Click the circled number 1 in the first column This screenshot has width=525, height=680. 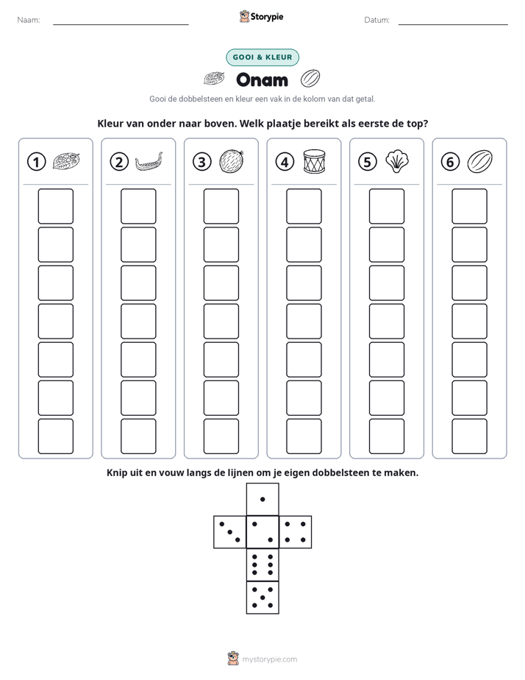36,162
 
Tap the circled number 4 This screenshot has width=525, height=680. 285,162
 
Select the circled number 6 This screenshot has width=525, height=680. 450,162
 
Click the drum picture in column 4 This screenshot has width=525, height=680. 314,162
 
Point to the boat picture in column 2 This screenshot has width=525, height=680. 149,162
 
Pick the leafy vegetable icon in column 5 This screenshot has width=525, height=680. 397,162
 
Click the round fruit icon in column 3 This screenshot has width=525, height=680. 232,162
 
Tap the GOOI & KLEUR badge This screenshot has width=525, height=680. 262,57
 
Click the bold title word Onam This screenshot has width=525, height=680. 262,79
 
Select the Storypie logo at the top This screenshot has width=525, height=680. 262,16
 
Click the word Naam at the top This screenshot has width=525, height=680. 29,20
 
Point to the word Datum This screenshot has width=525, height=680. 377,20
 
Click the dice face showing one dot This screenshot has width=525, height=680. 262,500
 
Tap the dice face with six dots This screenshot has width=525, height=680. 262,564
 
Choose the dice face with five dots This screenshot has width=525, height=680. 262,598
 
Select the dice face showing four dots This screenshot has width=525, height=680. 296,532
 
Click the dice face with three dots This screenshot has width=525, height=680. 230,532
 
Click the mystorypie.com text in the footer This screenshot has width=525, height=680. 269,659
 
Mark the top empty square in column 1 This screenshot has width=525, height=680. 55,206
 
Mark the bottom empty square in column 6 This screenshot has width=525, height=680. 470,436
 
